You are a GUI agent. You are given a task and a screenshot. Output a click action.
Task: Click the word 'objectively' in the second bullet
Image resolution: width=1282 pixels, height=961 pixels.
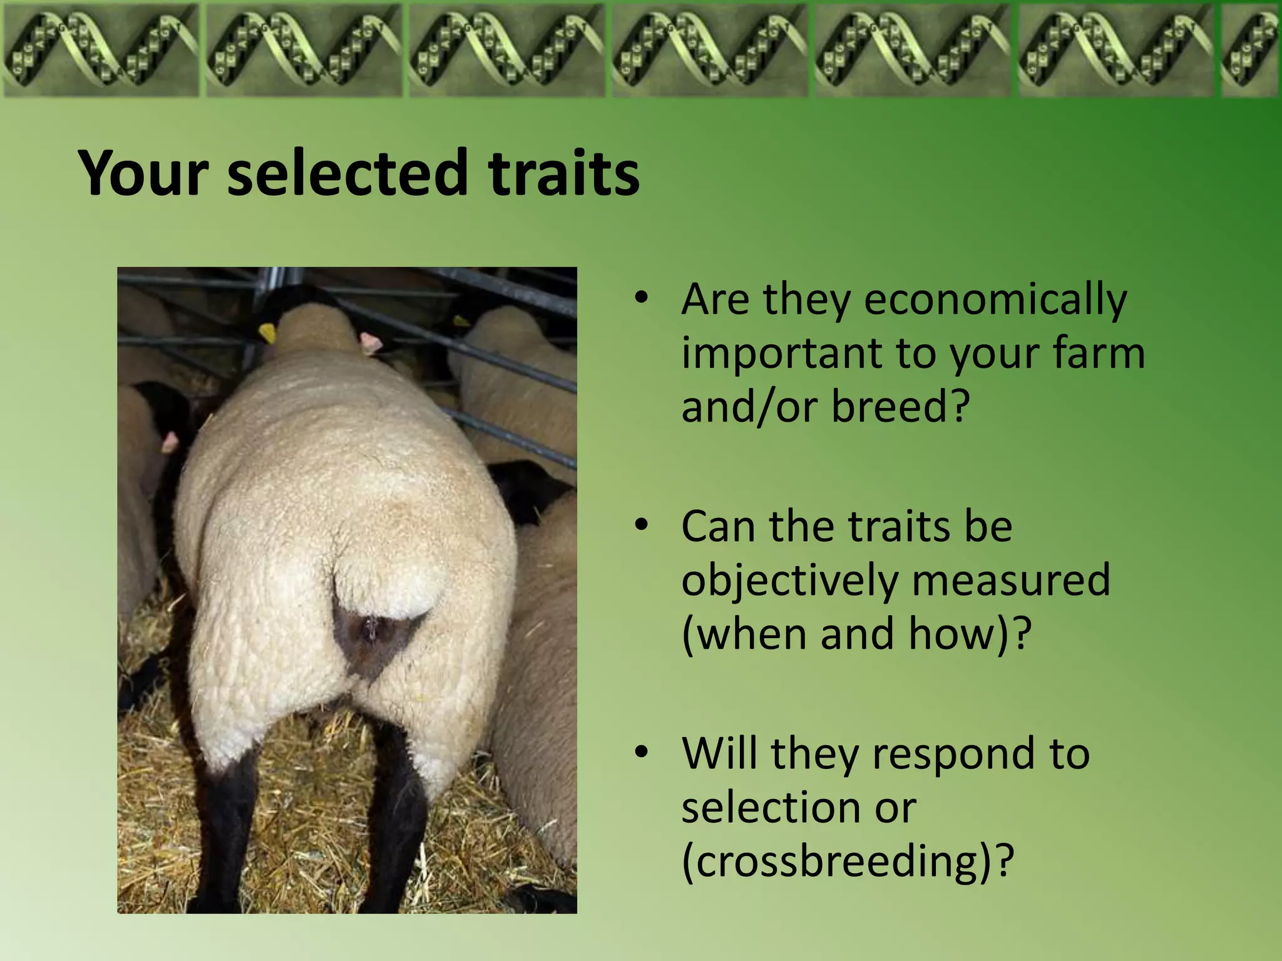tap(789, 581)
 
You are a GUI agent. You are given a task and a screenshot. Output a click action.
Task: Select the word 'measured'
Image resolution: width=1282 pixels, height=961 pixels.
tap(1010, 581)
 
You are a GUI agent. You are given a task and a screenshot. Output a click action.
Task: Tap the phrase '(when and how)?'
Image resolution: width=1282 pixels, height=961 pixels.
tap(856, 634)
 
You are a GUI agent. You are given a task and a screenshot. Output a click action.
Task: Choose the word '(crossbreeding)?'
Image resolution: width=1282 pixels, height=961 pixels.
tap(847, 862)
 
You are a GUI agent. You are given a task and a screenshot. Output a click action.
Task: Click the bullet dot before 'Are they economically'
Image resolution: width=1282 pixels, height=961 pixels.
tap(640, 299)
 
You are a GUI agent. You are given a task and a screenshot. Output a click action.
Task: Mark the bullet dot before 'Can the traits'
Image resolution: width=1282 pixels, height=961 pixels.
tap(640, 526)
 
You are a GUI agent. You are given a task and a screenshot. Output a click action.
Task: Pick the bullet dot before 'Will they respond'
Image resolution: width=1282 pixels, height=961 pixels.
tap(640, 753)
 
